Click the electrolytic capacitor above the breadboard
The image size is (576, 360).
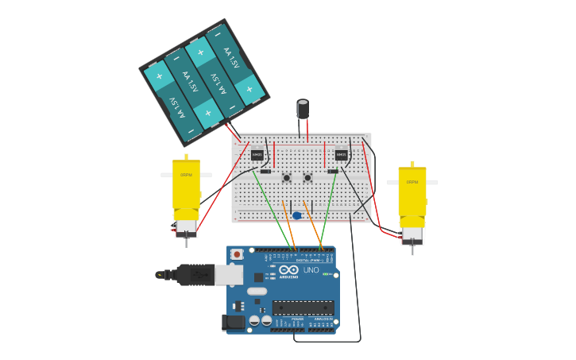click(x=303, y=109)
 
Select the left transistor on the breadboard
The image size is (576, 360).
click(x=257, y=155)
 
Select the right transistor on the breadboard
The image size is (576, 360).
click(x=341, y=155)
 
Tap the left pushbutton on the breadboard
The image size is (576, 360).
click(x=287, y=177)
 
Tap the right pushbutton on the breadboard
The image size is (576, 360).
click(x=307, y=177)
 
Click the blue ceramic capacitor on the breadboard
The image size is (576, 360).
click(x=296, y=215)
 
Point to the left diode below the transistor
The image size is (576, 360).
click(x=265, y=171)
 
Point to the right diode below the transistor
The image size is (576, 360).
click(x=333, y=171)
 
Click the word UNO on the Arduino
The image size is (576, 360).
click(x=311, y=270)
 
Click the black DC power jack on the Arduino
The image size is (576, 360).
click(x=233, y=322)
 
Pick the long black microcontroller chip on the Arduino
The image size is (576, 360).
click(x=303, y=308)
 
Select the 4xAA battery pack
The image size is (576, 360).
click(x=204, y=81)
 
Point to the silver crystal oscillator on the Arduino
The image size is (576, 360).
click(x=257, y=291)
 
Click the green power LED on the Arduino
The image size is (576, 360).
click(x=326, y=274)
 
